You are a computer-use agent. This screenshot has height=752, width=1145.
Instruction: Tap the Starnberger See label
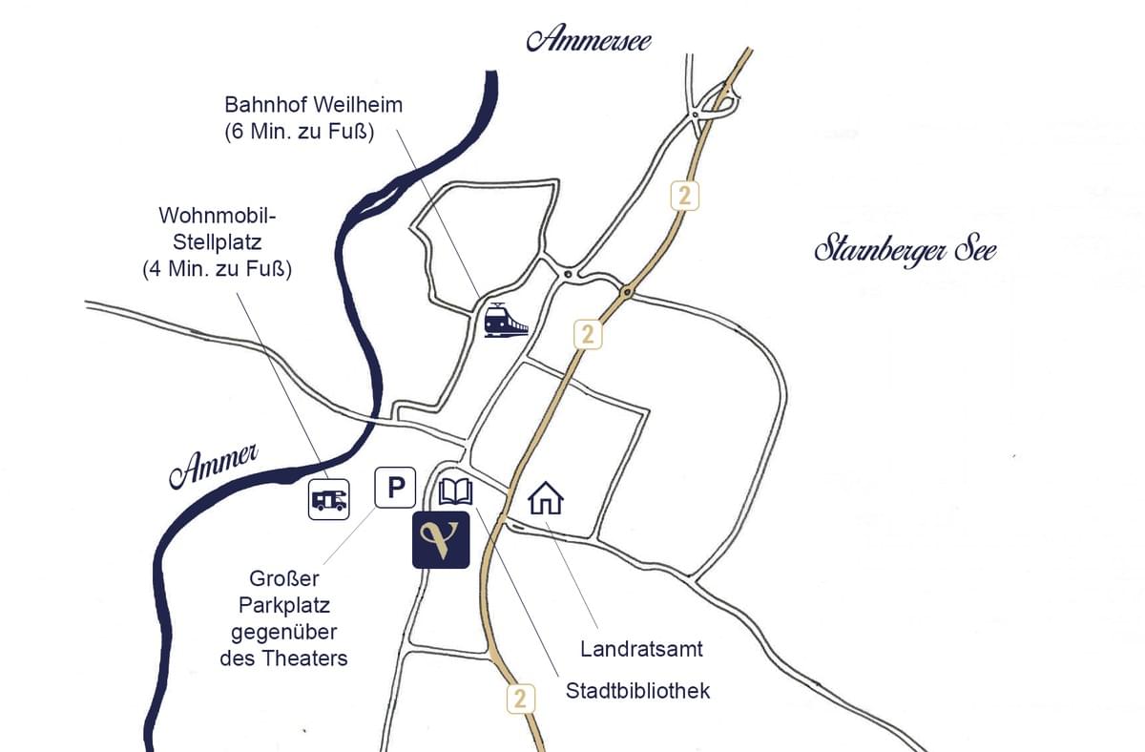point(905,251)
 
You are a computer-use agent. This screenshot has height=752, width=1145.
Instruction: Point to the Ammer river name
point(215,466)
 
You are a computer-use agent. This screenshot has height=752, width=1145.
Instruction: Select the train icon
point(506,319)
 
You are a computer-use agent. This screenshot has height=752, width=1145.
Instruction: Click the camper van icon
point(329,498)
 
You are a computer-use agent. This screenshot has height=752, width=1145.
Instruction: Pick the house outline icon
point(546,498)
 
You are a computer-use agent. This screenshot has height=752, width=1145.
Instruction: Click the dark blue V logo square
point(441,540)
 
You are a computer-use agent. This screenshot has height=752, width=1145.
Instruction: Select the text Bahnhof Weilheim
point(313,105)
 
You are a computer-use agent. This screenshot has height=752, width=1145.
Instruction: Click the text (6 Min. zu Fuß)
point(299,133)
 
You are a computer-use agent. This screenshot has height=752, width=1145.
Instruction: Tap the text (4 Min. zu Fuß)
point(217,269)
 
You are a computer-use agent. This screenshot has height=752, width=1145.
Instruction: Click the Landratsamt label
point(641,650)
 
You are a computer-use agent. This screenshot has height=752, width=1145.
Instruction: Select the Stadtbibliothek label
point(637,691)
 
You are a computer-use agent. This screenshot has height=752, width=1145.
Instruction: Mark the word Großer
point(283,578)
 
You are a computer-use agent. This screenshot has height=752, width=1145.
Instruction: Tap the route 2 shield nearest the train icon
point(589,335)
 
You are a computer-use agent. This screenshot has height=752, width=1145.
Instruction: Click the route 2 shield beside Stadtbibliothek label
point(519,698)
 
